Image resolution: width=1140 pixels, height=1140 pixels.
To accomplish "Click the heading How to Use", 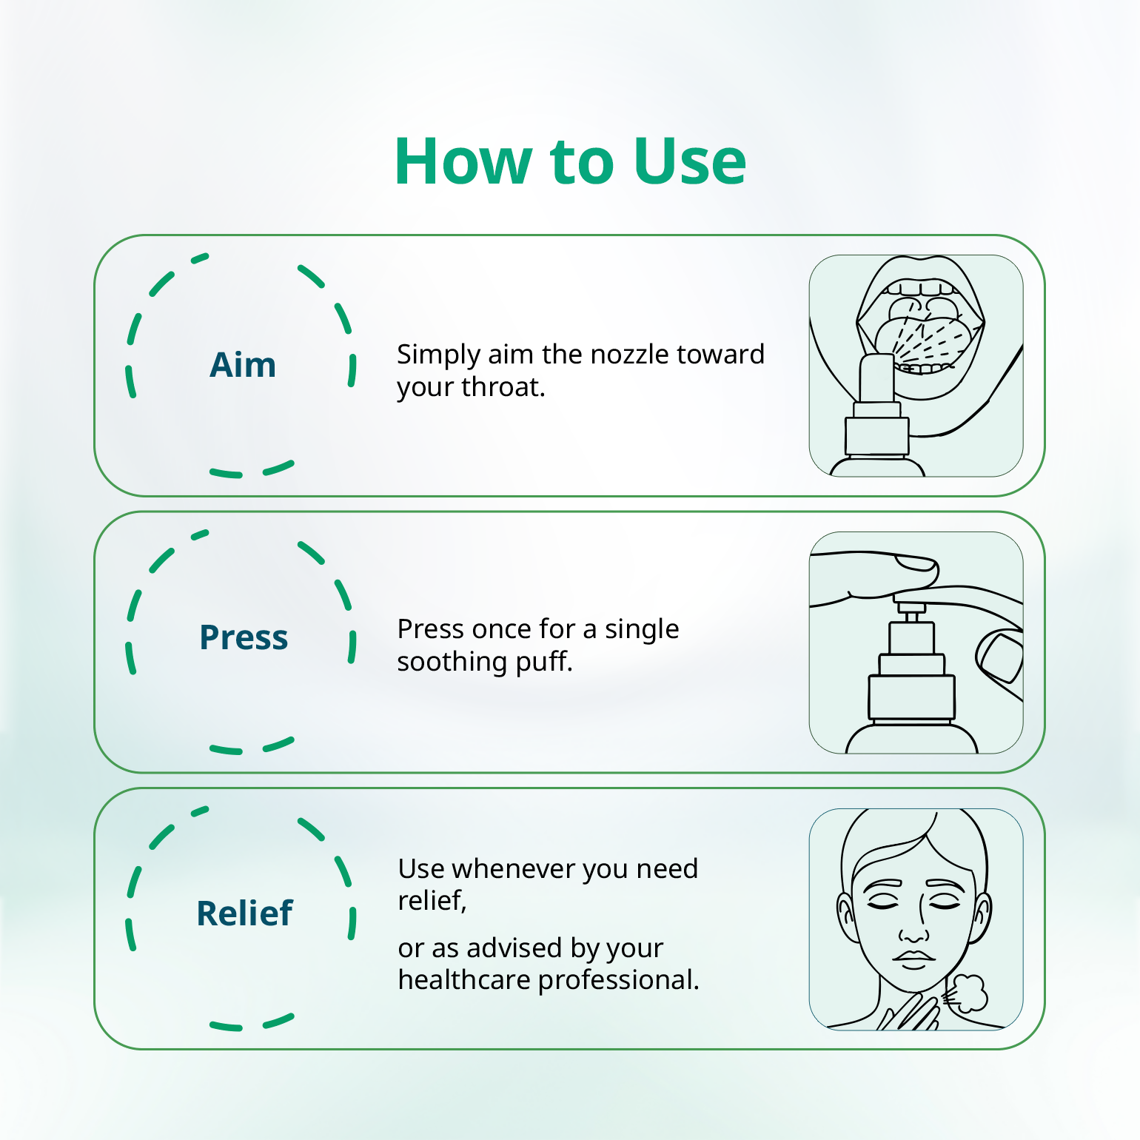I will tap(570, 161).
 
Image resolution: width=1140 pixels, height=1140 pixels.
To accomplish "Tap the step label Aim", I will tap(243, 365).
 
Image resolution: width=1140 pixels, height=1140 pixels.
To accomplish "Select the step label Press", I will tap(244, 637).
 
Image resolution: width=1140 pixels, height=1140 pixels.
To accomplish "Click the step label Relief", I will tap(244, 913).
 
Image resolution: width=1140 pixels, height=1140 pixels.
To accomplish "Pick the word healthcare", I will tap(463, 980).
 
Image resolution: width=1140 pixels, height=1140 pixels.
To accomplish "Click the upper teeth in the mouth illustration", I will tap(920, 289).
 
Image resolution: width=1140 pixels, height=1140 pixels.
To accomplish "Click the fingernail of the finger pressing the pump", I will tap(918, 564).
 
